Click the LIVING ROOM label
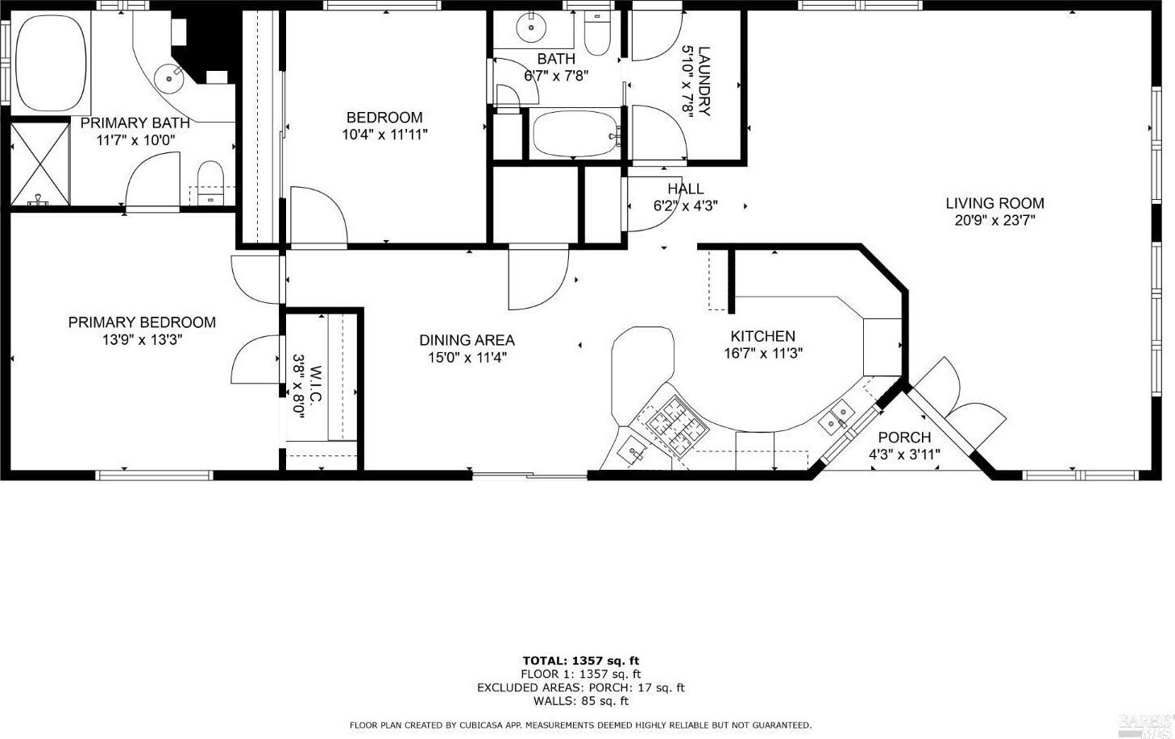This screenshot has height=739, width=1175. pyautogui.click(x=994, y=203)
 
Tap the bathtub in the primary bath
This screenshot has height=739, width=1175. pyautogui.click(x=51, y=63)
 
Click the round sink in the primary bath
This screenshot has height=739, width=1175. pyautogui.click(x=169, y=79)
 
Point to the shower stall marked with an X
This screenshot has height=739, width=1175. pyautogui.click(x=39, y=164)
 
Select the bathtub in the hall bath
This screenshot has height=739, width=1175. pyautogui.click(x=575, y=133)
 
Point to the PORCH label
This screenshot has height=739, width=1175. pyautogui.click(x=904, y=437)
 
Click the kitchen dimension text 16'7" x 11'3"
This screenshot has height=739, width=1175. pyautogui.click(x=763, y=354)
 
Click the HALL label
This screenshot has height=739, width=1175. pyautogui.click(x=686, y=189)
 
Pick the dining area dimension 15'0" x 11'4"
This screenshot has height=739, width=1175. pyautogui.click(x=467, y=358)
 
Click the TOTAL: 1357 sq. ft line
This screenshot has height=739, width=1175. pyautogui.click(x=581, y=661)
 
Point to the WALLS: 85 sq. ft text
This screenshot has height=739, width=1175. pyautogui.click(x=581, y=700)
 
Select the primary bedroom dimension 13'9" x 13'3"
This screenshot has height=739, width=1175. pyautogui.click(x=142, y=340)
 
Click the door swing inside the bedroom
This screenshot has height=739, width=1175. pyautogui.click(x=318, y=215)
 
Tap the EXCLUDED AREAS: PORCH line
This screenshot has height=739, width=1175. pyautogui.click(x=581, y=687)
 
